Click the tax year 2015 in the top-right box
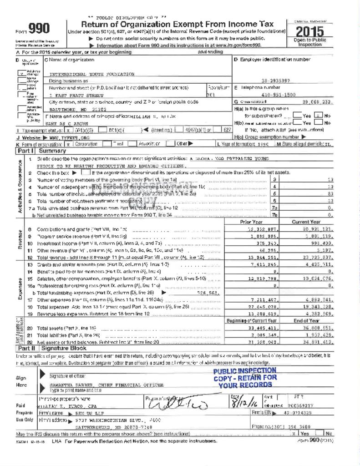click(x=309, y=31)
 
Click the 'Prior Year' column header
click(x=252, y=222)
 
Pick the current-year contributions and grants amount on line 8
click(x=318, y=229)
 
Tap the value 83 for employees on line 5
click(x=331, y=193)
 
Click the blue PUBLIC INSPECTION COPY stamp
click(x=245, y=377)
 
